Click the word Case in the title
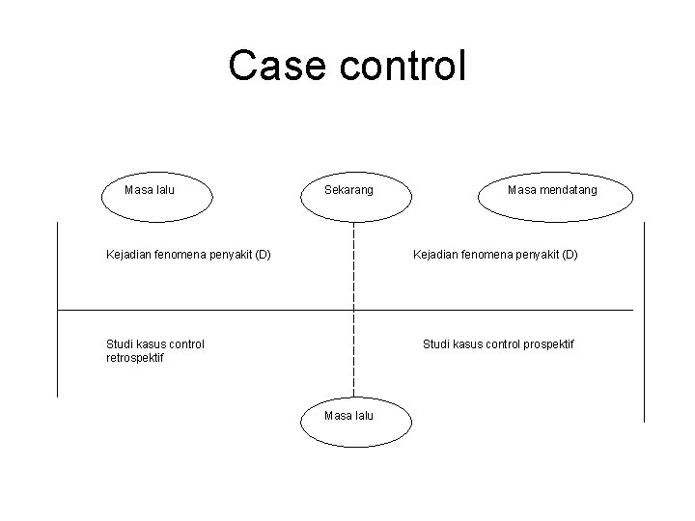click(273, 66)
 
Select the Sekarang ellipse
click(354, 194)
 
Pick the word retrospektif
click(135, 358)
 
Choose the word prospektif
click(543, 343)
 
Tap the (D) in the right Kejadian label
click(568, 256)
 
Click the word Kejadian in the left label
click(128, 256)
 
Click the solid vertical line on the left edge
click(58, 309)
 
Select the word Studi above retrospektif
click(120, 343)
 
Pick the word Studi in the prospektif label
click(436, 343)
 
